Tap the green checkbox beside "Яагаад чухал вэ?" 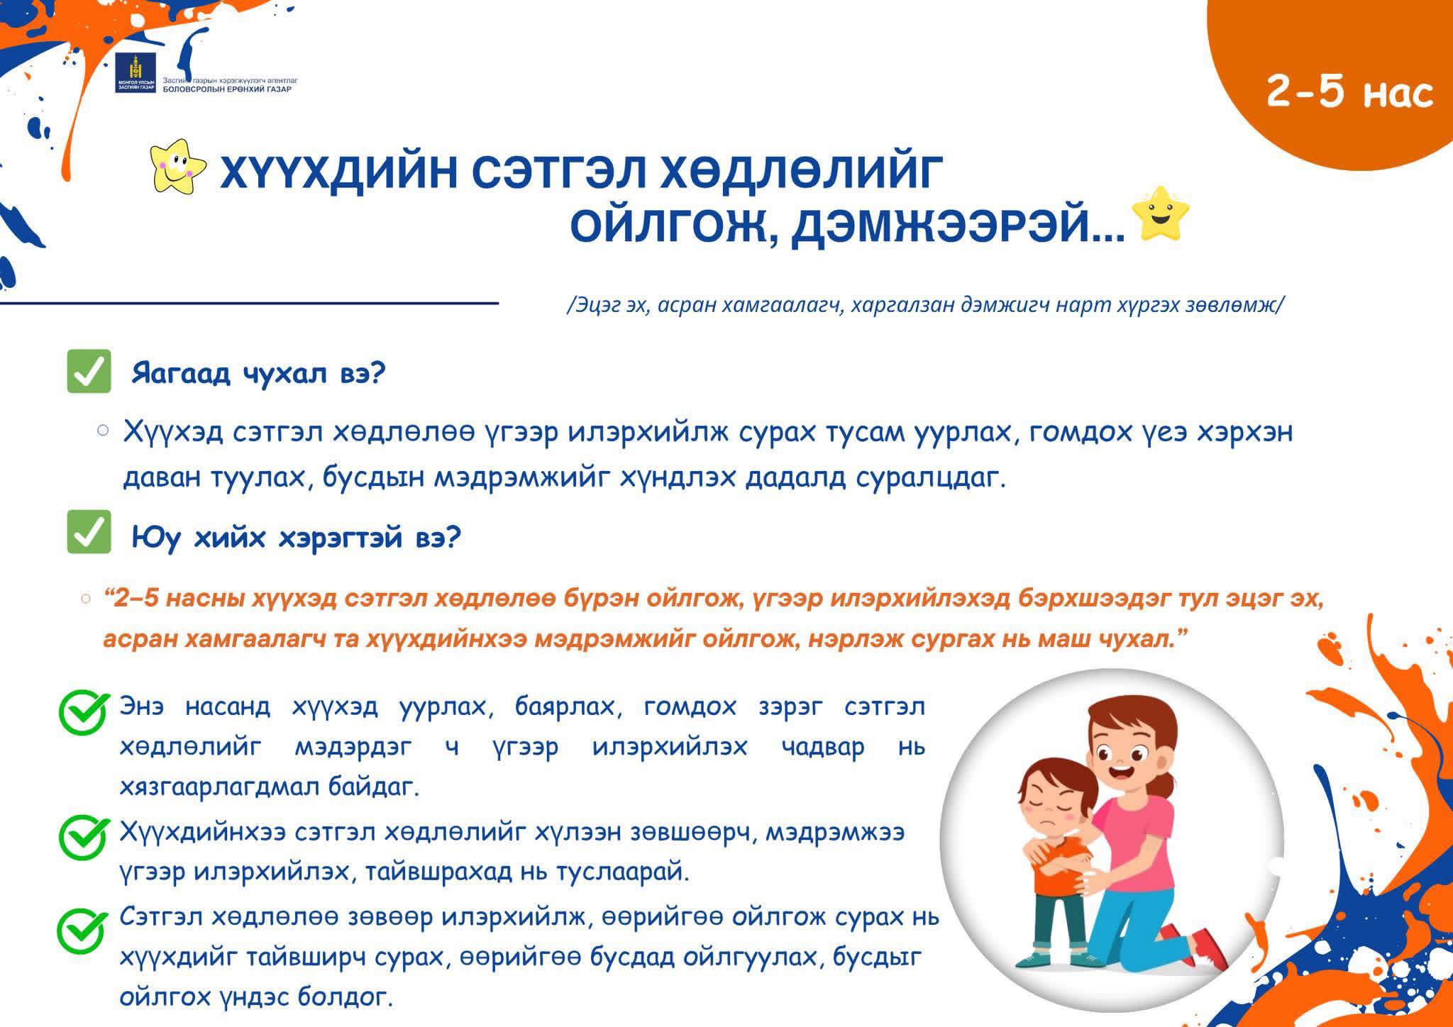pyautogui.click(x=89, y=371)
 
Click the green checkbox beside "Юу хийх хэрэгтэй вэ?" pyautogui.click(x=89, y=532)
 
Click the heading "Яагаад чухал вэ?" pyautogui.click(x=258, y=372)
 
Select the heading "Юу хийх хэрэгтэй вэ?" pyautogui.click(x=297, y=538)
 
